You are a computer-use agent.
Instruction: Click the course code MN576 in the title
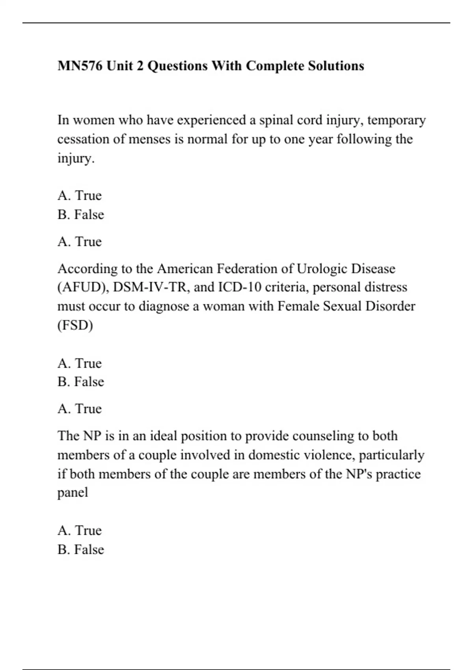80,65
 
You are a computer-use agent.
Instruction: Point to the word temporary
396,120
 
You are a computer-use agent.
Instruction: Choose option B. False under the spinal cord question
81,215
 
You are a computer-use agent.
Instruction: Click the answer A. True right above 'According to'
80,241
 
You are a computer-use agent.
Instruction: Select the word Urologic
321,269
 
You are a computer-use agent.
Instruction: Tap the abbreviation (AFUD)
83,287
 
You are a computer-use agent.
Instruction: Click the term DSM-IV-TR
149,287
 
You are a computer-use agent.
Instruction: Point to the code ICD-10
240,287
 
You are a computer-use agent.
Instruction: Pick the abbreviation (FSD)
75,326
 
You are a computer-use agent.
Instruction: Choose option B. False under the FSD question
81,382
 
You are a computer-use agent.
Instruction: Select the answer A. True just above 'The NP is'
80,409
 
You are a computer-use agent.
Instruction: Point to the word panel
73,493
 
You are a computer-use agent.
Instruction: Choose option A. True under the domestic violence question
80,530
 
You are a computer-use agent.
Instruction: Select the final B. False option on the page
81,549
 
